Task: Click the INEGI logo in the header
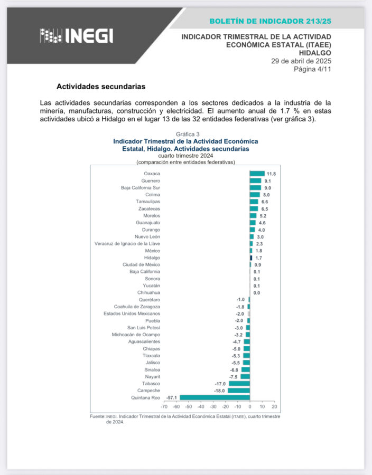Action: pos(76,36)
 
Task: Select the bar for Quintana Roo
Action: pos(215,397)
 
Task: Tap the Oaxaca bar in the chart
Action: pos(257,174)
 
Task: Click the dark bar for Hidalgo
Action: pos(251,258)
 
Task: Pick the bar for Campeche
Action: pos(239,391)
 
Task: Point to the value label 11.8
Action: pos(271,174)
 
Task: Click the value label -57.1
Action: pos(171,397)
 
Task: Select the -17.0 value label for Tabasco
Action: pos(220,384)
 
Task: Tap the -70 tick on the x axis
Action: pos(164,407)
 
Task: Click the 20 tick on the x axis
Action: pos(274,407)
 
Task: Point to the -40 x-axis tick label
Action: pos(201,407)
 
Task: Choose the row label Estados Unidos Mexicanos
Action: pos(132,313)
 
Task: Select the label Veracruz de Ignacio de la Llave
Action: pos(127,244)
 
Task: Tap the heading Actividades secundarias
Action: pos(100,86)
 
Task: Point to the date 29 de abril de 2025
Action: pos(301,61)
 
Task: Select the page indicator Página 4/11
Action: pos(312,69)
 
